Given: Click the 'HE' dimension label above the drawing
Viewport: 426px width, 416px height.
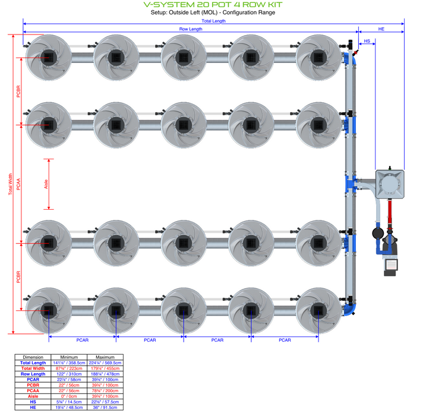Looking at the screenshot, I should coord(381,29).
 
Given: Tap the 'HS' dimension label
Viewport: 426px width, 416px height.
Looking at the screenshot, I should coord(367,42).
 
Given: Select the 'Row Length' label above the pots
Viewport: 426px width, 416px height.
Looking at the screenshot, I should coord(191,29).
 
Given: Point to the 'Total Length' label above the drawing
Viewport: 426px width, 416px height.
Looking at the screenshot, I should coord(213,21).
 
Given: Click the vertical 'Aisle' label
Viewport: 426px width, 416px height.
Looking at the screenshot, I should coord(47,184).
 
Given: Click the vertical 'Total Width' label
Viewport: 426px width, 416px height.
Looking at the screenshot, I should coord(10,184).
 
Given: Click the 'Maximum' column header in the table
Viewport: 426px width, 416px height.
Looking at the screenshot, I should coord(105,357).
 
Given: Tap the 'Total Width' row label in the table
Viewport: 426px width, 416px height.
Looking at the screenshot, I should coord(33,368).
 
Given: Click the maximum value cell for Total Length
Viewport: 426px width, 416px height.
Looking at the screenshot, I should coord(105,363).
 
